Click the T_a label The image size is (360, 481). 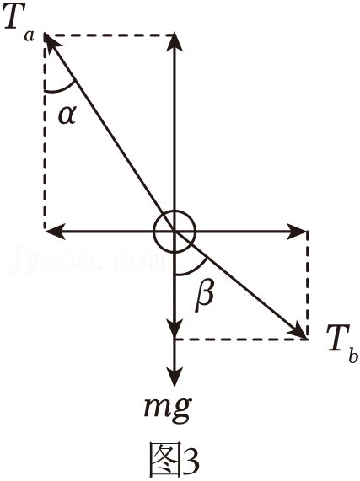coord(19,24)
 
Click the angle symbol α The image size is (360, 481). coord(67,116)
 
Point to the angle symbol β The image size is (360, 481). coord(205,296)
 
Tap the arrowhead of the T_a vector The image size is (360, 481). coord(52,43)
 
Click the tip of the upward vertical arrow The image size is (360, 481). coord(175,33)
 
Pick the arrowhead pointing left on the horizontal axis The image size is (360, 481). coord(55,231)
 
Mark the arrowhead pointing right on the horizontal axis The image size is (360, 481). coord(297,231)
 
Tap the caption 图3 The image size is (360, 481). coord(174,460)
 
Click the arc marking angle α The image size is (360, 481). coord(62,89)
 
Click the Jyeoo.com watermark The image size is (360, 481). coord(86,260)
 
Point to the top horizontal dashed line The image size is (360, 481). coord(110,35)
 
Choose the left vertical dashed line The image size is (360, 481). coord(46,132)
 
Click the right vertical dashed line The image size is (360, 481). coord(307,285)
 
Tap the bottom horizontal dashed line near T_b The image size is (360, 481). coord(240,339)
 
